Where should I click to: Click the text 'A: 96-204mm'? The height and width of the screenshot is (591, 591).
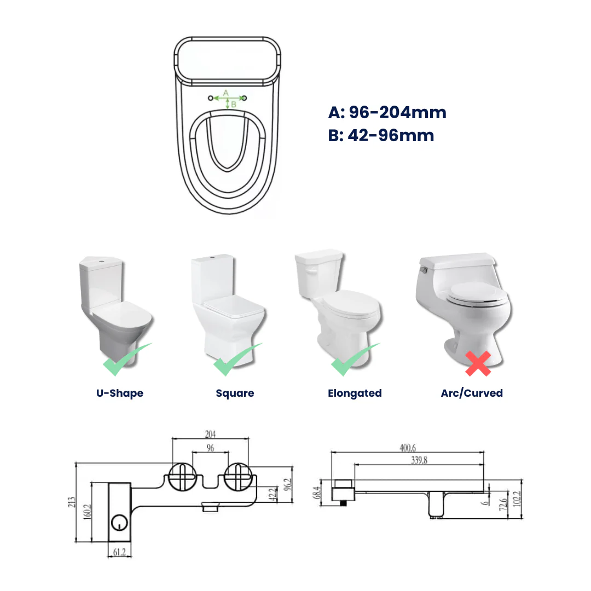pyautogui.click(x=387, y=113)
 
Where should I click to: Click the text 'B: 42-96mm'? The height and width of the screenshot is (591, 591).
pyautogui.click(x=381, y=135)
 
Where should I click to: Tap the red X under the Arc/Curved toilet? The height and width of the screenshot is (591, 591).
pyautogui.click(x=478, y=363)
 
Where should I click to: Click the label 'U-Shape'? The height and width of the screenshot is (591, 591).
pyautogui.click(x=119, y=393)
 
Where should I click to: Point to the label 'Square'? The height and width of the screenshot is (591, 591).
pyautogui.click(x=235, y=393)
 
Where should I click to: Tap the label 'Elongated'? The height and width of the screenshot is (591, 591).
pyautogui.click(x=355, y=393)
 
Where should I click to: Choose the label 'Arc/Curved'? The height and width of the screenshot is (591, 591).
pyautogui.click(x=472, y=393)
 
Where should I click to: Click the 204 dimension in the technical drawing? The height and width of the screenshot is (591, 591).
pyautogui.click(x=211, y=434)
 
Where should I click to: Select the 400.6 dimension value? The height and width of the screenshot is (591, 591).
pyautogui.click(x=408, y=448)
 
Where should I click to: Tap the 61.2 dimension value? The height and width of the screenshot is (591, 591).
pyautogui.click(x=119, y=553)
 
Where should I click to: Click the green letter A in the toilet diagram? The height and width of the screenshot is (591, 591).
pyautogui.click(x=225, y=94)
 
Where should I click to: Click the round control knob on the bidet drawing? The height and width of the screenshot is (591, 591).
pyautogui.click(x=119, y=523)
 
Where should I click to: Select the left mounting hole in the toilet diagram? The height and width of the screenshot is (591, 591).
pyautogui.click(x=211, y=98)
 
